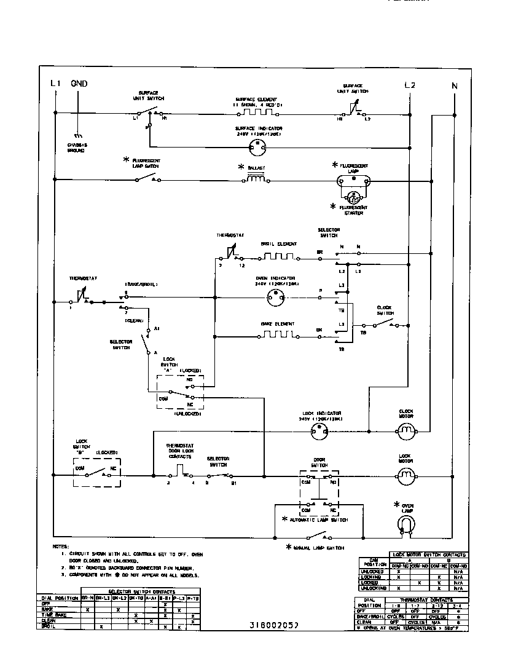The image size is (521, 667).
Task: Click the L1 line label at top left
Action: click(x=55, y=84)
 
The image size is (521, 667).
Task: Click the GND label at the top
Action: click(x=79, y=84)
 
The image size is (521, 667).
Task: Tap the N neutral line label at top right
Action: click(x=455, y=86)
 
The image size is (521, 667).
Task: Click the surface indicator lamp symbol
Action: click(x=257, y=147)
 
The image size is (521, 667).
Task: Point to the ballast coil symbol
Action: click(x=257, y=180)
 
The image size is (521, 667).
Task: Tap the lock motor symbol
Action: click(x=405, y=475)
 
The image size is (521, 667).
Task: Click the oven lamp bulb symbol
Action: click(x=405, y=523)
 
